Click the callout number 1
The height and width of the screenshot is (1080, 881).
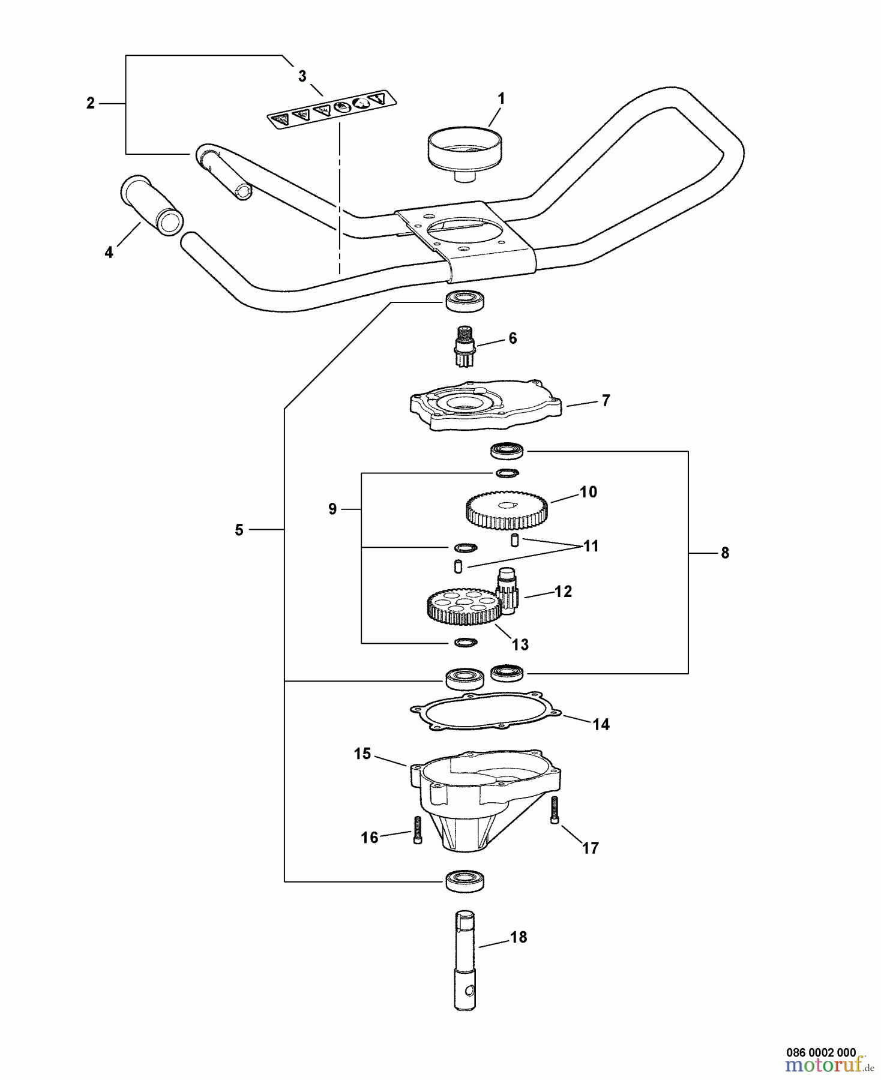[x=502, y=99]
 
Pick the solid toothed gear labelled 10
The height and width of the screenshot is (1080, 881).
[x=506, y=510]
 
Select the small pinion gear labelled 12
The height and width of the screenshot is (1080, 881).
[x=508, y=591]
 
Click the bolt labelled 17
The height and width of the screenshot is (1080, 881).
[x=555, y=810]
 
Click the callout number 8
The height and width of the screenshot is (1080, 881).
[x=725, y=553]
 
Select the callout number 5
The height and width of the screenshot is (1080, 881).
[x=239, y=530]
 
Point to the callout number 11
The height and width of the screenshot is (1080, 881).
[x=591, y=547]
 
